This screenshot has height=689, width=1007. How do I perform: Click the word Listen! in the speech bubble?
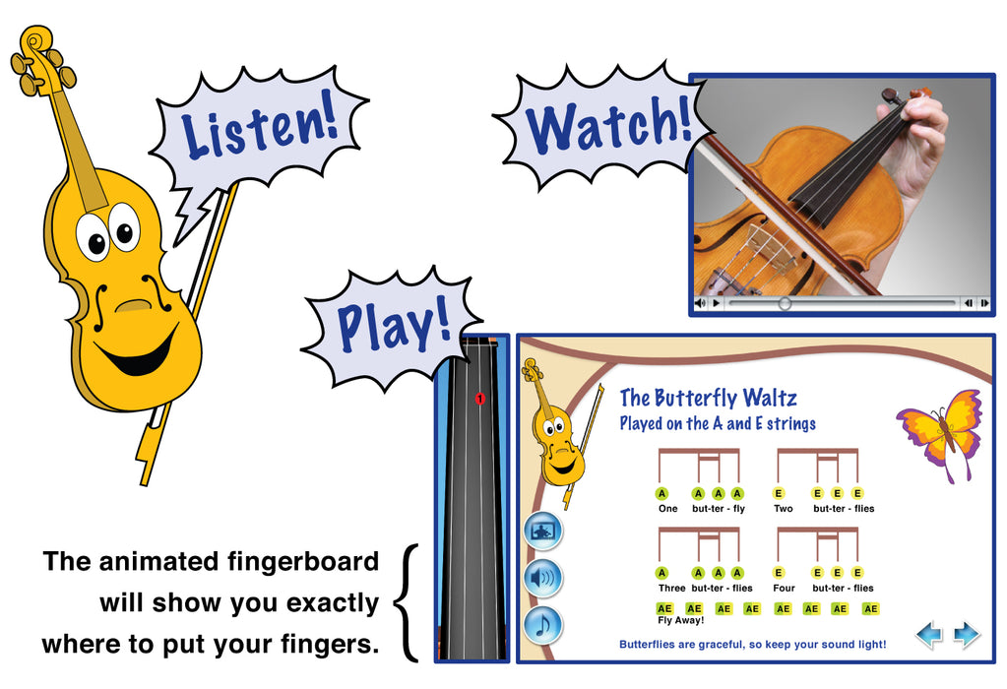(x=260, y=125)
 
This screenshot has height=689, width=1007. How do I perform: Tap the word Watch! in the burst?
(x=608, y=124)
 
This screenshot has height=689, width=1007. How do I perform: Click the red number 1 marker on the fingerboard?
(x=479, y=399)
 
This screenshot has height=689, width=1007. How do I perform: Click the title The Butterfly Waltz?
(x=708, y=398)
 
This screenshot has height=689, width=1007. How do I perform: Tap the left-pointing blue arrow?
(x=928, y=635)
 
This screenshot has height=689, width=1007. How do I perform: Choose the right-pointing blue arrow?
(x=967, y=635)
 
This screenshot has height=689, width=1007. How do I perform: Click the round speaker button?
(x=543, y=578)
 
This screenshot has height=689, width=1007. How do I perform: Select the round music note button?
(x=543, y=625)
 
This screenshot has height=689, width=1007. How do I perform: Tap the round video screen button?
(x=543, y=532)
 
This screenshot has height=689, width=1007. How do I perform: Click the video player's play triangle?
(x=716, y=303)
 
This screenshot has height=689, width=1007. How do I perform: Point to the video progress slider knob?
(x=785, y=303)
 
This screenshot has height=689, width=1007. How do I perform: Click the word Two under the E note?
(x=783, y=509)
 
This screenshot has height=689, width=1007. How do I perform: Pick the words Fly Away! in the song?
(x=680, y=620)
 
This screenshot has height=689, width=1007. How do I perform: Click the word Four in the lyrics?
(x=784, y=589)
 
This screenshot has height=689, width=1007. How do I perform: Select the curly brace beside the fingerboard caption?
(x=406, y=603)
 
